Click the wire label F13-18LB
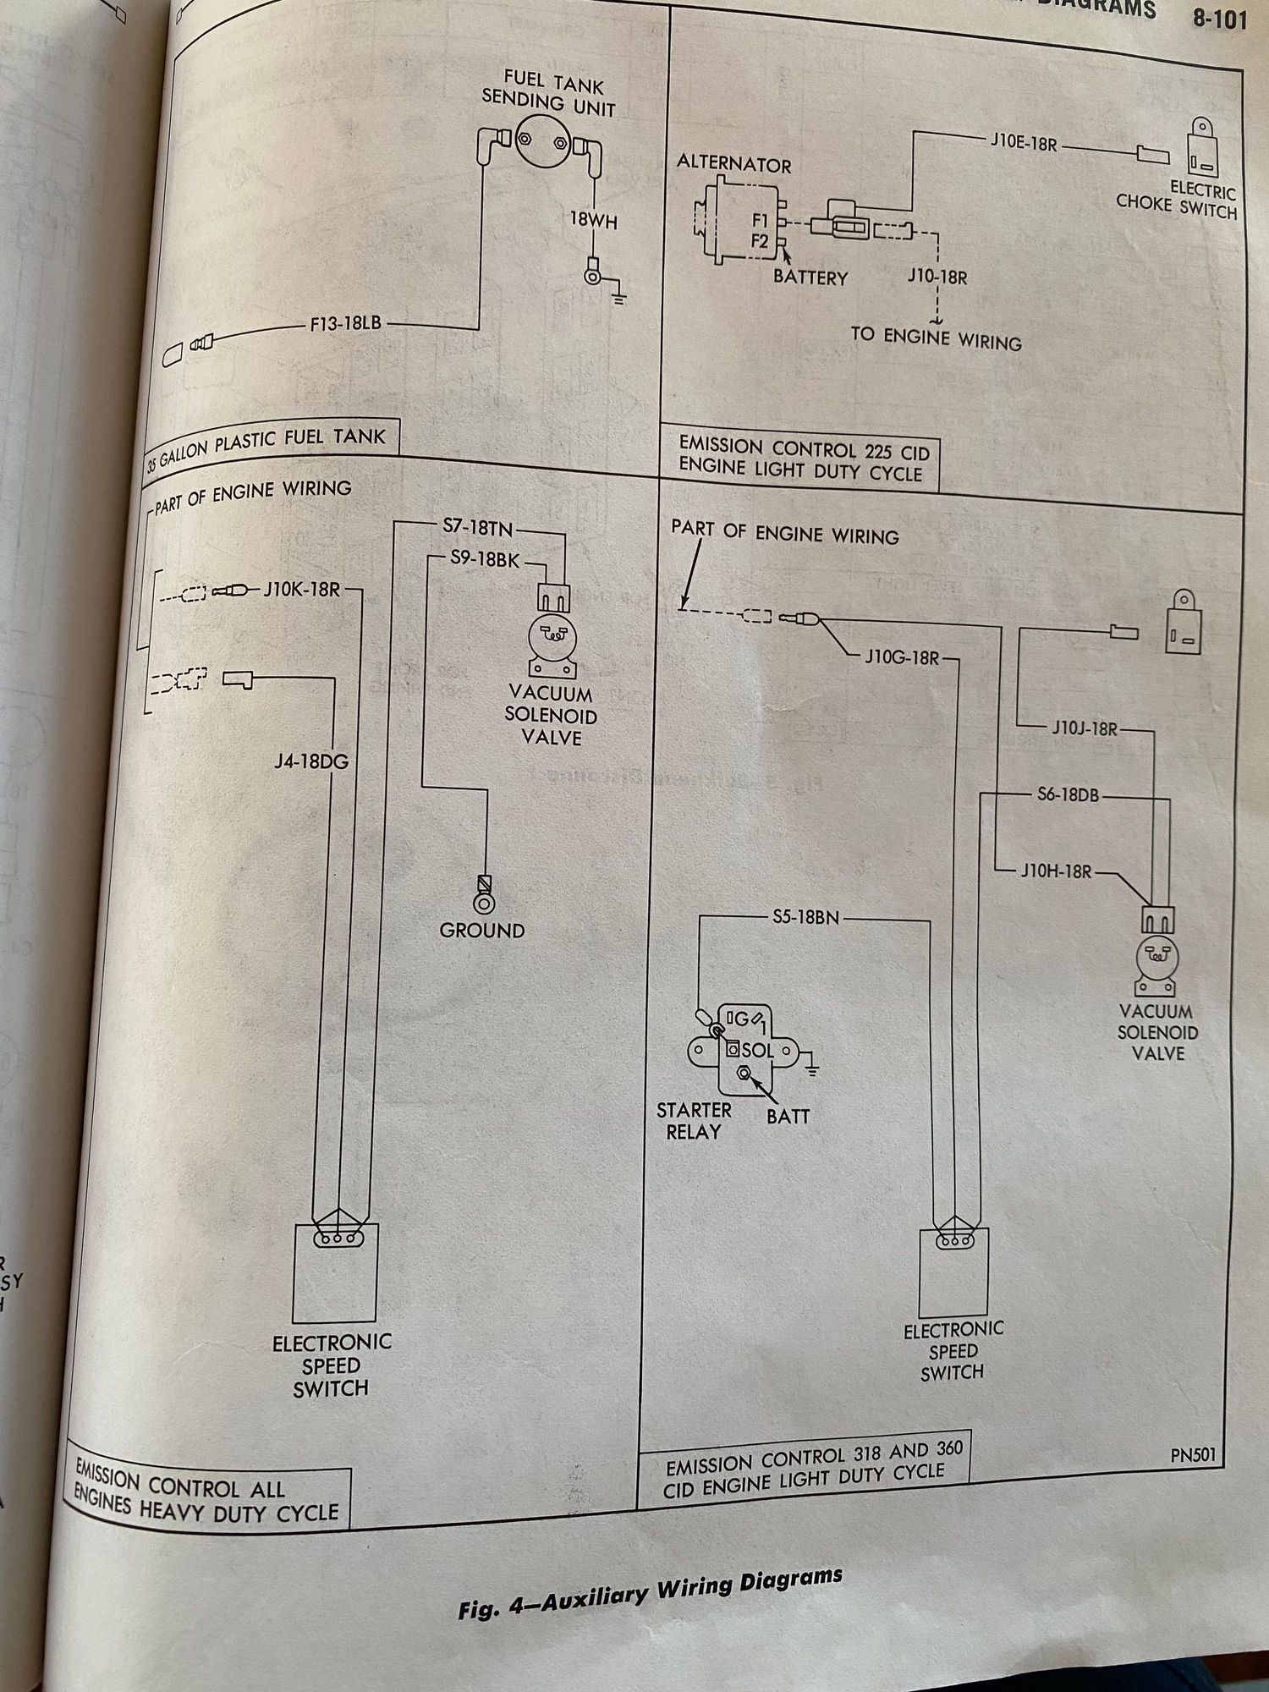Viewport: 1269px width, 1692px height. [345, 323]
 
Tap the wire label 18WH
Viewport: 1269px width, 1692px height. [592, 221]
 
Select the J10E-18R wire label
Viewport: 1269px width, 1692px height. [1023, 143]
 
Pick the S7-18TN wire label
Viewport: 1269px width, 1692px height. [477, 528]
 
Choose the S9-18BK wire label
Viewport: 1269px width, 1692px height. [484, 559]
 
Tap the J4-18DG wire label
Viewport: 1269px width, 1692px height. [310, 761]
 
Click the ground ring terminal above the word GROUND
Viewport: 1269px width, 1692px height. [484, 903]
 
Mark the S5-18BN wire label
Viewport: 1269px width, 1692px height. [805, 917]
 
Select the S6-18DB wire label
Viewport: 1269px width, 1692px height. [1068, 794]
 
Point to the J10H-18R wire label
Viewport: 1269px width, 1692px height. [1056, 871]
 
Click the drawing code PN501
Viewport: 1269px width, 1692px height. [1193, 1455]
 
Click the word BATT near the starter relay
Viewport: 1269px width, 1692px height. [788, 1117]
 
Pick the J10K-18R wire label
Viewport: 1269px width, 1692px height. [301, 589]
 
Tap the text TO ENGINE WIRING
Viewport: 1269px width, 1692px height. [936, 338]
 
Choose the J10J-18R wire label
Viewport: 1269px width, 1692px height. [1085, 728]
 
